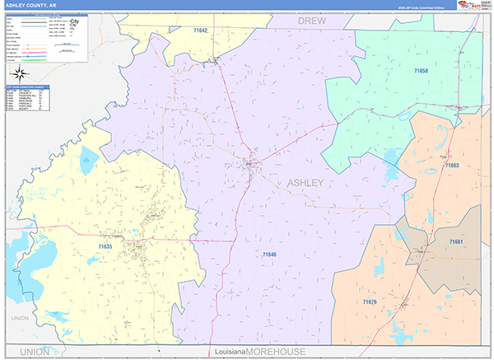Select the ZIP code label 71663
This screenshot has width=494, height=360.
pyautogui.click(x=451, y=166)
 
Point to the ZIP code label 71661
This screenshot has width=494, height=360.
pyautogui.click(x=456, y=241)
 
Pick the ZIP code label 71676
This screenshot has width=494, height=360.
pyautogui.click(x=370, y=302)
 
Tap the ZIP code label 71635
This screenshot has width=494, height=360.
pyautogui.click(x=105, y=246)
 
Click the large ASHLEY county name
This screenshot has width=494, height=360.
pyautogui.click(x=305, y=182)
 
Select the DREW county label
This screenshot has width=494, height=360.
pyautogui.click(x=312, y=18)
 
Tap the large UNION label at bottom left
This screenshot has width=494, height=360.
pyautogui.click(x=35, y=352)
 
